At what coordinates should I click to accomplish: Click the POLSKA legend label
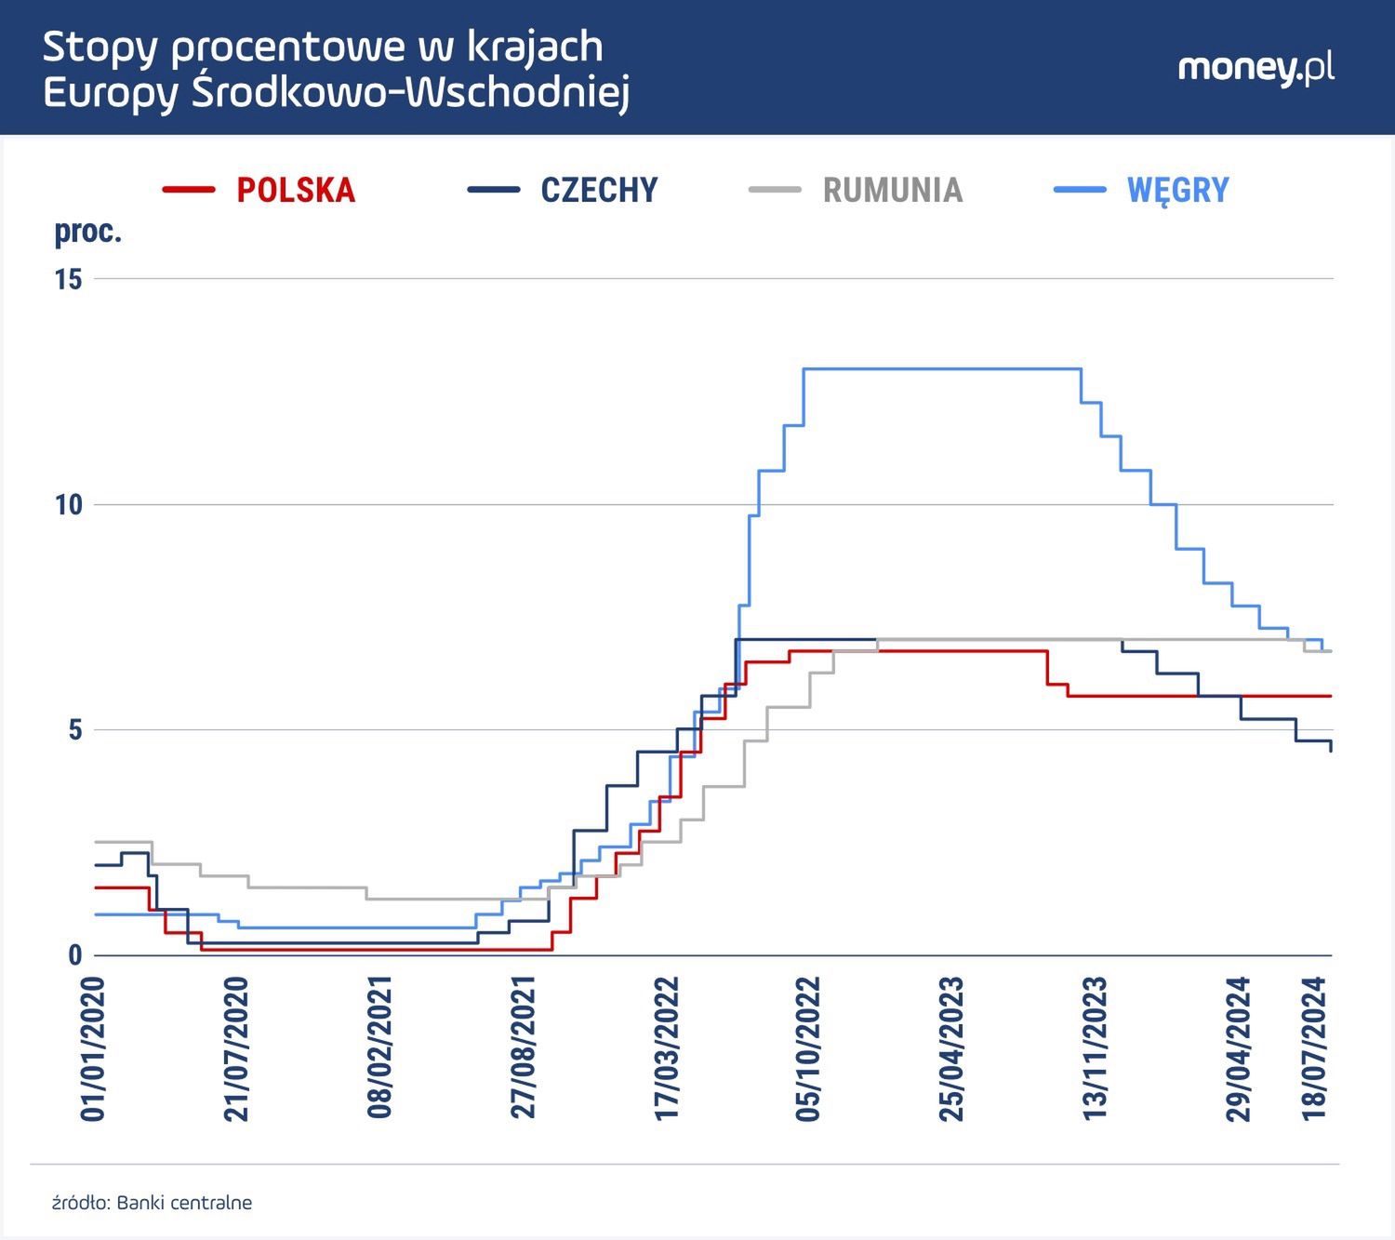pyautogui.click(x=296, y=190)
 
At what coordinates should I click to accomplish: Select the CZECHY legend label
pyautogui.click(x=599, y=190)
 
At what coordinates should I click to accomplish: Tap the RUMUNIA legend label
pyautogui.click(x=892, y=190)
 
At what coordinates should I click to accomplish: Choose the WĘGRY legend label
pyautogui.click(x=1177, y=190)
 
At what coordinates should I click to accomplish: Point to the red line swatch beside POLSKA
pyautogui.click(x=189, y=190)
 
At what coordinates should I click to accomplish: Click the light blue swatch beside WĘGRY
pyautogui.click(x=1080, y=190)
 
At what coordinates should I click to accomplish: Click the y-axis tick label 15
pyautogui.click(x=69, y=279)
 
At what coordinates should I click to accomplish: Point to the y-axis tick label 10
pyautogui.click(x=69, y=505)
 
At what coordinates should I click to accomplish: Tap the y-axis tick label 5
pyautogui.click(x=75, y=730)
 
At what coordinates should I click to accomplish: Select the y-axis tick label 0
pyautogui.click(x=75, y=955)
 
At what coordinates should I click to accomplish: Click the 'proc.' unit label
pyautogui.click(x=87, y=232)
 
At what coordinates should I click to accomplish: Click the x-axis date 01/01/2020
pyautogui.click(x=94, y=1048)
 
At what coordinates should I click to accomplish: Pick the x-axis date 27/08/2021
pyautogui.click(x=524, y=1048)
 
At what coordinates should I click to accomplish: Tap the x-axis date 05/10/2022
pyautogui.click(x=809, y=1048)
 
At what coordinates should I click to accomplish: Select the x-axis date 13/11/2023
pyautogui.click(x=1096, y=1048)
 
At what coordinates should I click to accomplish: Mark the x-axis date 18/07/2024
pyautogui.click(x=1314, y=1048)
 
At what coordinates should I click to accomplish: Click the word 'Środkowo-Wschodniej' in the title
pyautogui.click(x=410, y=93)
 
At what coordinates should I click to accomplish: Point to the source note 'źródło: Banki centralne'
pyautogui.click(x=152, y=1203)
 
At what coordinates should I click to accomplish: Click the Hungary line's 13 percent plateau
pyautogui.click(x=939, y=369)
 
